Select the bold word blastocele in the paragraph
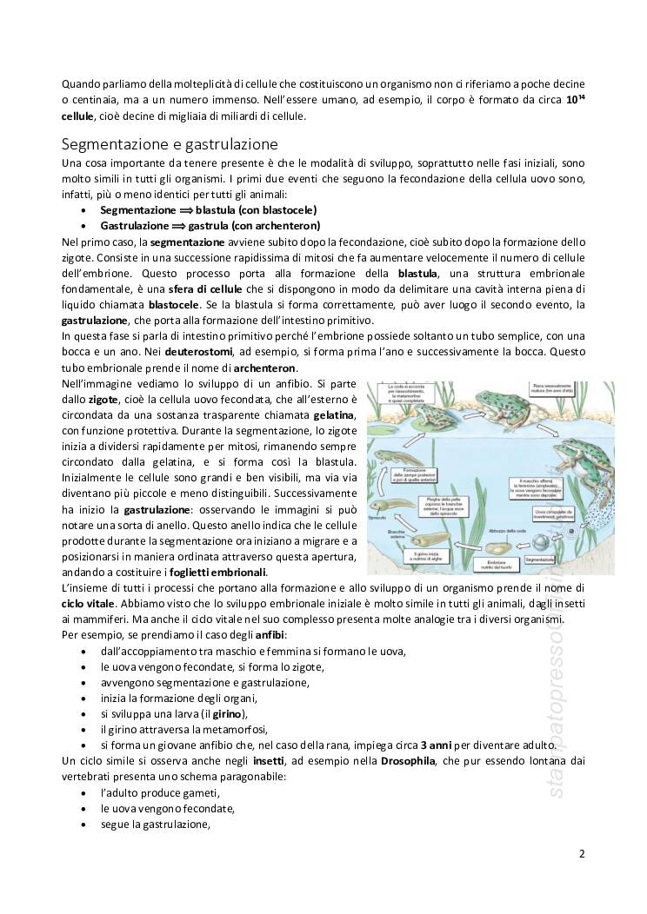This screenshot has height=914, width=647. (x=176, y=305)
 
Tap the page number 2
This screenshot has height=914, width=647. (x=582, y=853)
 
